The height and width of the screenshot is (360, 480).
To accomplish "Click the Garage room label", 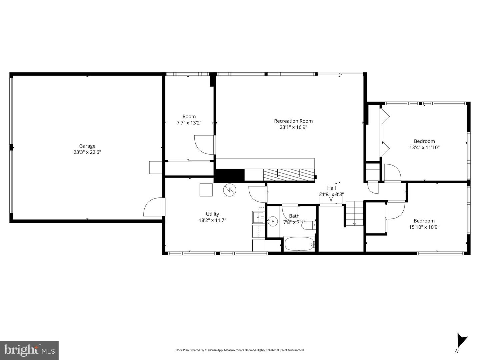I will click(x=87, y=146).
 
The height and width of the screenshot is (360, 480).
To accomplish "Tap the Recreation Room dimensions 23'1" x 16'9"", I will click(x=293, y=127).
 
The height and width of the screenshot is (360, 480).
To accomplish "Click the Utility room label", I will click(x=212, y=214).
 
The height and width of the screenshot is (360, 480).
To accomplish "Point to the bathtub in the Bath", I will click(x=299, y=244).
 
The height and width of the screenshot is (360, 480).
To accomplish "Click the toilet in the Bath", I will click(x=308, y=225).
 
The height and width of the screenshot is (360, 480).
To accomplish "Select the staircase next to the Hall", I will click(x=354, y=213).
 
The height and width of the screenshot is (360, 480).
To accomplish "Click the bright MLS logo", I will click(x=29, y=350).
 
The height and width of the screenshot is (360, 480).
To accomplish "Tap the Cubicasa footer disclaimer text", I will click(x=240, y=350).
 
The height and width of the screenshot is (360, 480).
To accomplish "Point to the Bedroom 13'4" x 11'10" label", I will click(x=424, y=144).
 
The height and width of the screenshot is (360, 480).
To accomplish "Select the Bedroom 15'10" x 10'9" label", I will click(x=424, y=224).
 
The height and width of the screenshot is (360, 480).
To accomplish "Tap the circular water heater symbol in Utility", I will click(x=230, y=190).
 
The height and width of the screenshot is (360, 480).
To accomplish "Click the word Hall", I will click(x=331, y=188).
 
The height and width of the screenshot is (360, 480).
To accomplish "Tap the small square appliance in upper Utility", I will click(x=206, y=190).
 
